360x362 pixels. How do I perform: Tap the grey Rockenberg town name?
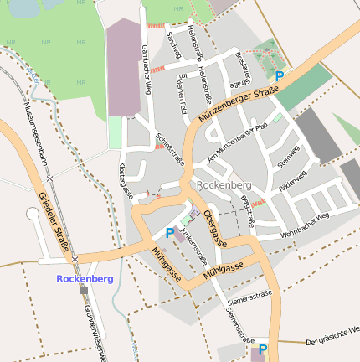(x=222, y=184)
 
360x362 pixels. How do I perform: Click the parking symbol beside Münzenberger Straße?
(x=280, y=77)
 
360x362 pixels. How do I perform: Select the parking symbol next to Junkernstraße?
(x=171, y=233)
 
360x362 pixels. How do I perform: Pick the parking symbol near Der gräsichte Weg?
(x=263, y=349)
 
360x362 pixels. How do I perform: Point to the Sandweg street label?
(x=175, y=45)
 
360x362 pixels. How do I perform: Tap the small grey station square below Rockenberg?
(x=84, y=290)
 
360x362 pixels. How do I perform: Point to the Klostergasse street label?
(x=126, y=179)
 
